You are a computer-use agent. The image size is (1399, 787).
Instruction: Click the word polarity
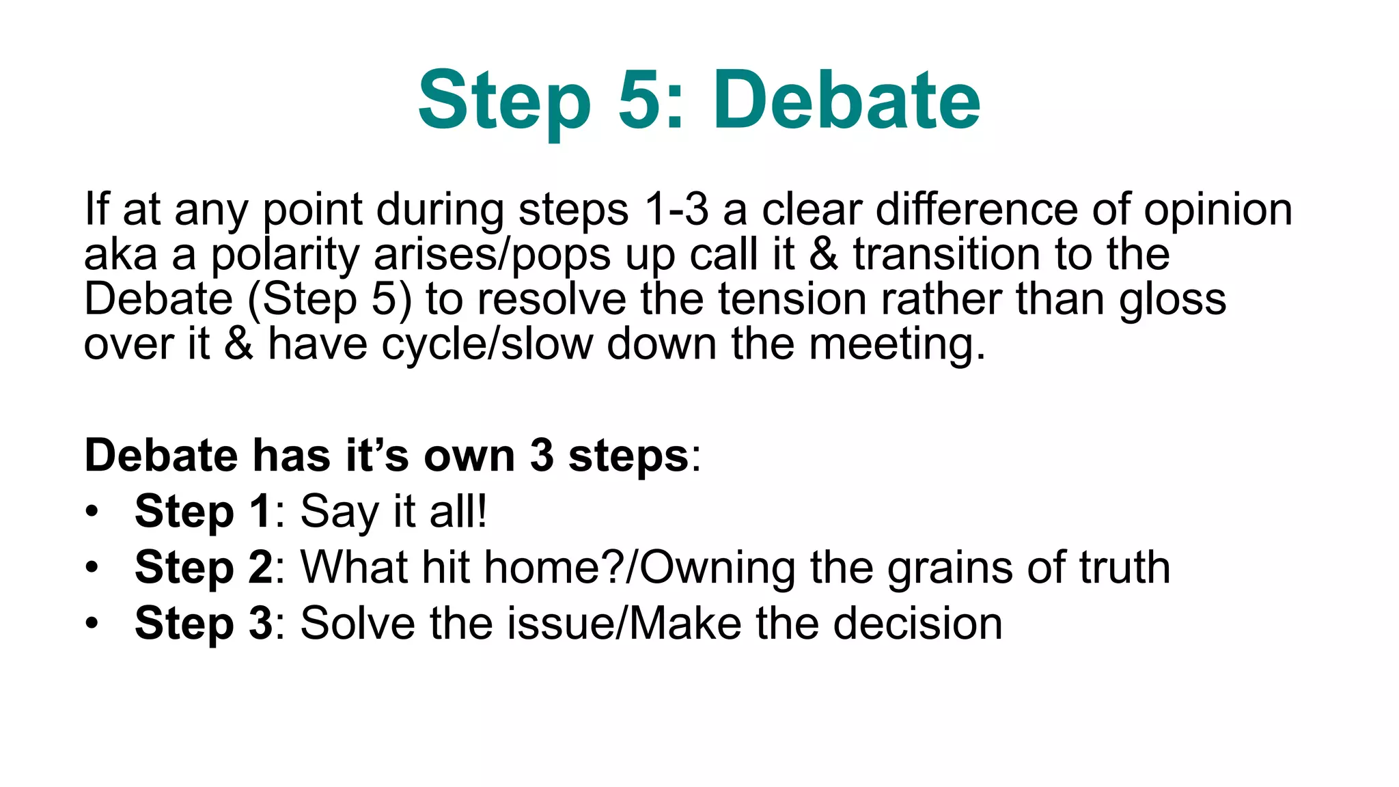(x=285, y=255)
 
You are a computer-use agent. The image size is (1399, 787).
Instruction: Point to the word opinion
(x=1218, y=210)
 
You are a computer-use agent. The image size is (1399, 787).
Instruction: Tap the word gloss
(x=1172, y=301)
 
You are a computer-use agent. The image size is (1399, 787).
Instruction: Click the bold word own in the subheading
(x=469, y=456)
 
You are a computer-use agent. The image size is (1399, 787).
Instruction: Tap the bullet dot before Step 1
(x=92, y=512)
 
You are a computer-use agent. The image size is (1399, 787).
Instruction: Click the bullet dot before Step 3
(x=92, y=624)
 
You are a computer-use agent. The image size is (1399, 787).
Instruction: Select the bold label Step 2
(x=204, y=568)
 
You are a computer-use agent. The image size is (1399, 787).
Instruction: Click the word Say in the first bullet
(x=340, y=512)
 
